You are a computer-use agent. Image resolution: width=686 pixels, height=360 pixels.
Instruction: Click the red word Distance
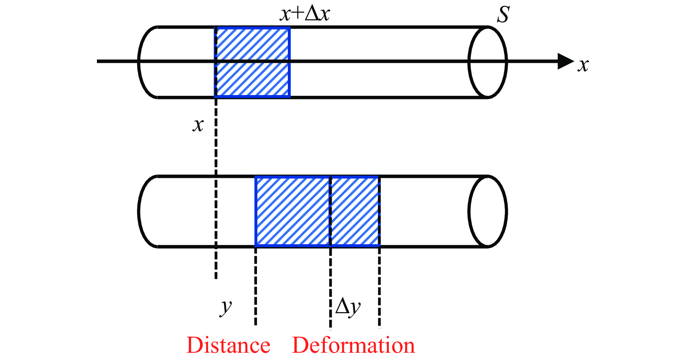coord(228,345)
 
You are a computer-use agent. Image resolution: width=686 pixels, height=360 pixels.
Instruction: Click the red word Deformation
coord(353,345)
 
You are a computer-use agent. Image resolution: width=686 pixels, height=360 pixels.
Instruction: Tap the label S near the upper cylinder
coord(503,15)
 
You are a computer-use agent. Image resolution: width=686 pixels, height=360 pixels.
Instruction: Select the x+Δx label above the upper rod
coord(305,14)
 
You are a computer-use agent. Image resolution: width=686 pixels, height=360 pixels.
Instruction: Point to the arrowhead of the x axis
coord(565,61)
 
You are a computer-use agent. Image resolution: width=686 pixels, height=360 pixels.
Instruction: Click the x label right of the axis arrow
coord(583,65)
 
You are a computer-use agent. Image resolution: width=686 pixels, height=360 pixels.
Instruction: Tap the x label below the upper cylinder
coord(198,125)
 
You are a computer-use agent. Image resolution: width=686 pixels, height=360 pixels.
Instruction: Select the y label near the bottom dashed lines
coord(226,307)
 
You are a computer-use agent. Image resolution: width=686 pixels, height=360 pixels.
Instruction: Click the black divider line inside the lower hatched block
coord(330,211)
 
